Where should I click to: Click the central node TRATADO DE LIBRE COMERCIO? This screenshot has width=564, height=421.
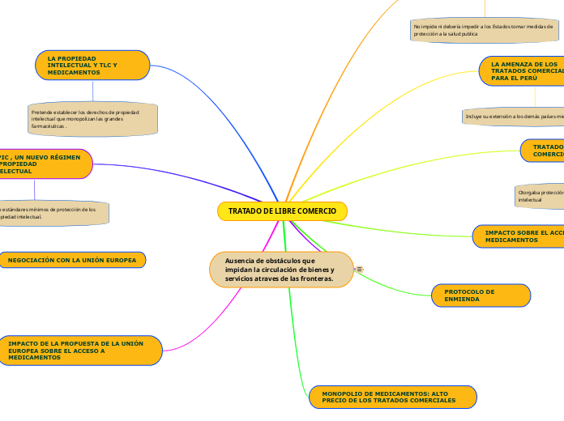pos(282,211)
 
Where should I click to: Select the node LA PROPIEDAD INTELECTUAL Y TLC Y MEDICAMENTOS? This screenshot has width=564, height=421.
pos(92,66)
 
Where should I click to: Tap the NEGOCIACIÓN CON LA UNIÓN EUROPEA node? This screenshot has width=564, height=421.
pos(73,260)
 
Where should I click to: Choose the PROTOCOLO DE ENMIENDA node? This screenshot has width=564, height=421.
pos(481,296)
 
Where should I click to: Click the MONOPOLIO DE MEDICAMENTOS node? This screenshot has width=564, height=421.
pos(392,397)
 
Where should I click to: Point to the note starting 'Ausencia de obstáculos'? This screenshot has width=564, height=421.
pos(281,270)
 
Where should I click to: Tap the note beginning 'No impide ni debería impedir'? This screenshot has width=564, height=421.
pos(485,31)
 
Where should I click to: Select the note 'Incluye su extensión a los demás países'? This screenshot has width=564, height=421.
pos(514,117)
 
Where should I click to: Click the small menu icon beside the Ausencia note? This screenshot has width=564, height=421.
pos(359,269)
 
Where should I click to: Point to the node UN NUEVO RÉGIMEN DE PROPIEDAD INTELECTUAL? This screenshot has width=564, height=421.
pos(45,164)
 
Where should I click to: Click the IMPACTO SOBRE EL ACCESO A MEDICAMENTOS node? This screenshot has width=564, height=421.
pos(519,236)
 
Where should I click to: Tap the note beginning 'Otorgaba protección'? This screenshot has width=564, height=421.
pos(540,195)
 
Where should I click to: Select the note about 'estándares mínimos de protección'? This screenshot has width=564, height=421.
pos(53,213)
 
